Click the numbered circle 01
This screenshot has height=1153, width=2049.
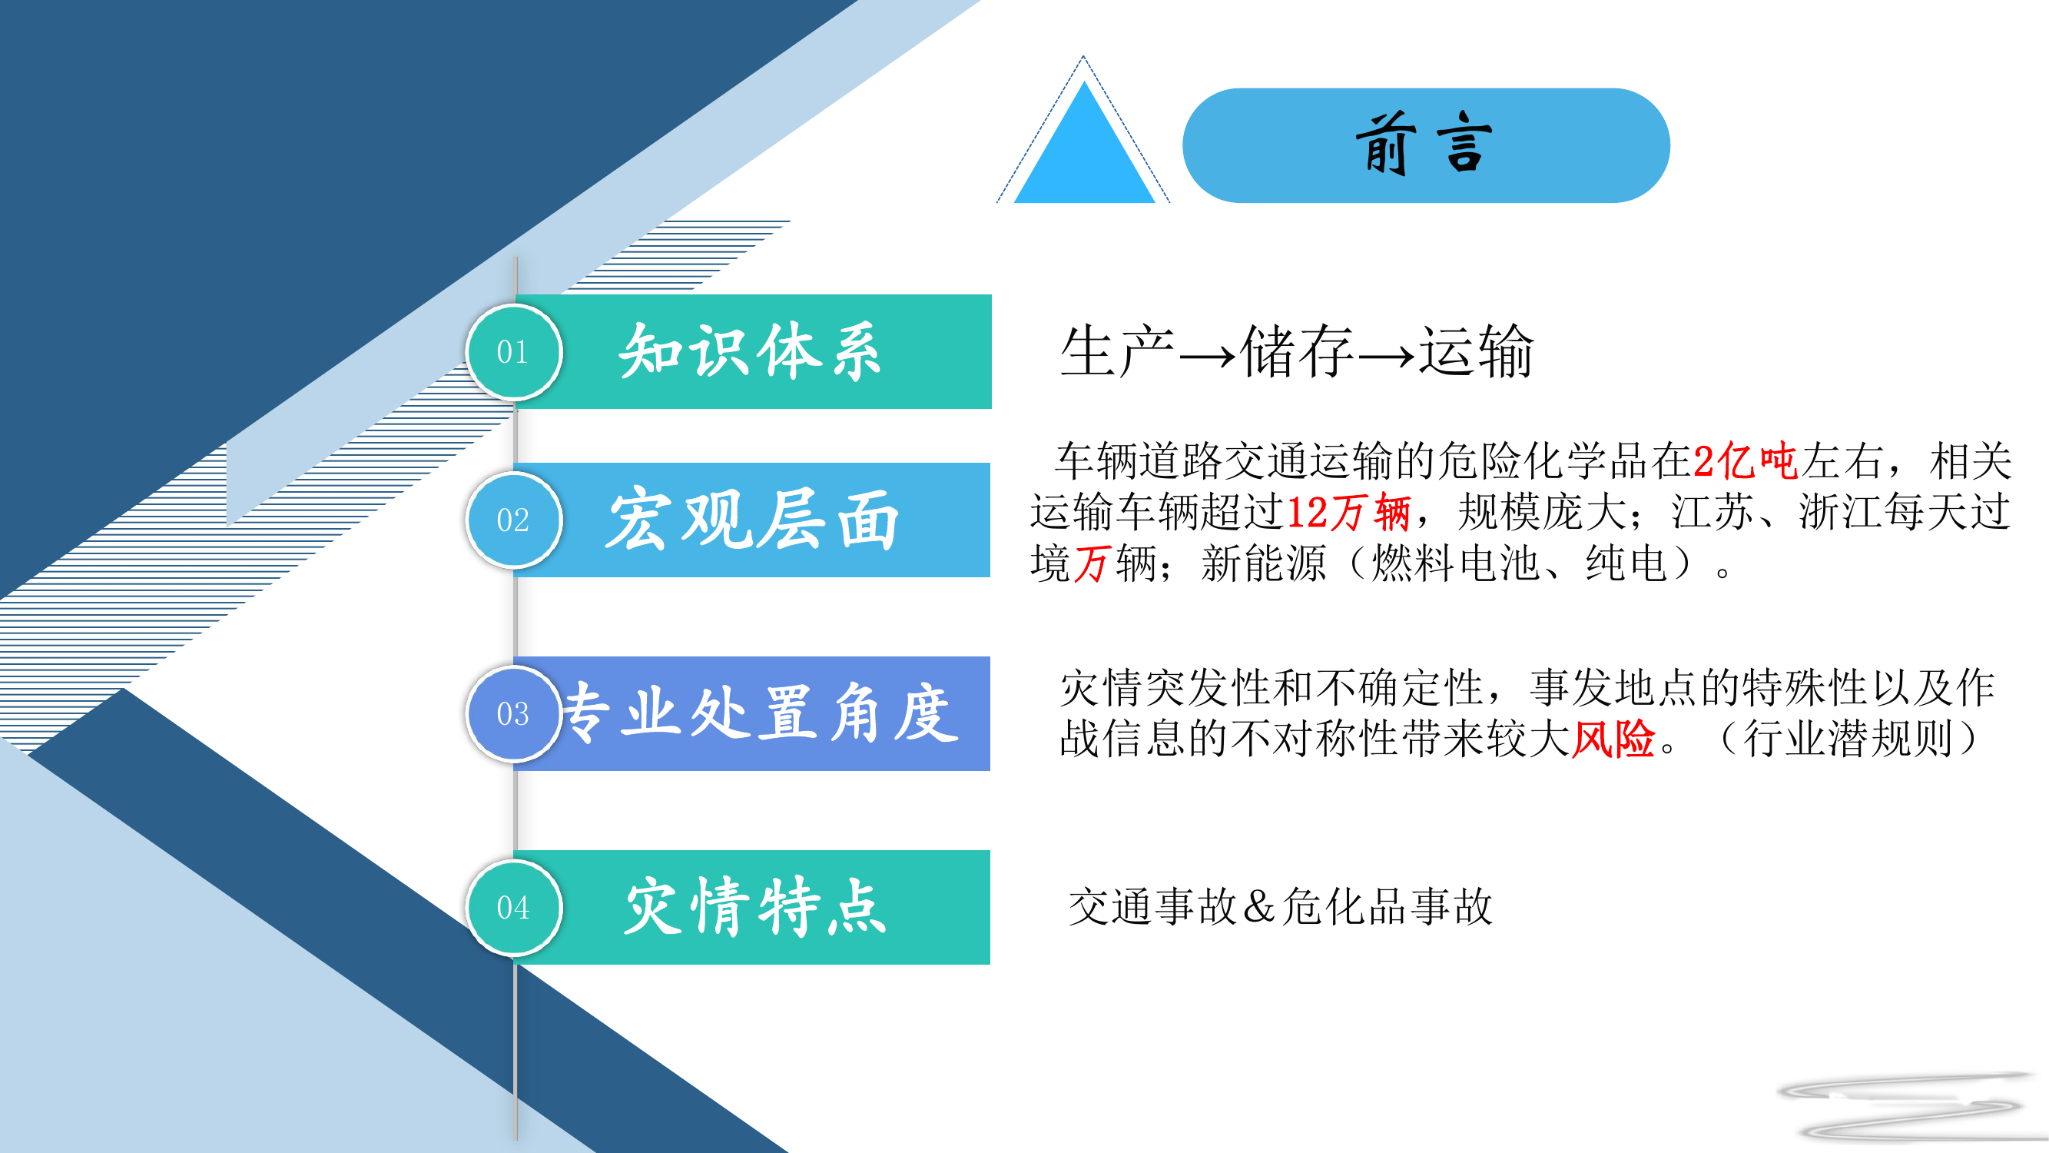513,352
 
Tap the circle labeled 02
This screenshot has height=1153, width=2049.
513,520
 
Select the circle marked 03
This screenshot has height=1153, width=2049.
513,713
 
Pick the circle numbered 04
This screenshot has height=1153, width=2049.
513,907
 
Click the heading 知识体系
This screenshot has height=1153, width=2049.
750,352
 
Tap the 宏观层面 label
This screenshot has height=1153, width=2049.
751,520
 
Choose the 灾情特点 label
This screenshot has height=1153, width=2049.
754,907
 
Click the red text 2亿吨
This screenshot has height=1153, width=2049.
1746,460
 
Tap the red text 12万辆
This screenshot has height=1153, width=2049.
1348,512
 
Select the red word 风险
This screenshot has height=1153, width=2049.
1613,739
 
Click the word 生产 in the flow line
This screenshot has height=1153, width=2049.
1117,352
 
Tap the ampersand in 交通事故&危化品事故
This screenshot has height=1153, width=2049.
1258,906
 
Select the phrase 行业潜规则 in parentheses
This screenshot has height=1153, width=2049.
1848,739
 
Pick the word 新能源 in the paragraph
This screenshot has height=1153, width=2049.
1263,564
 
